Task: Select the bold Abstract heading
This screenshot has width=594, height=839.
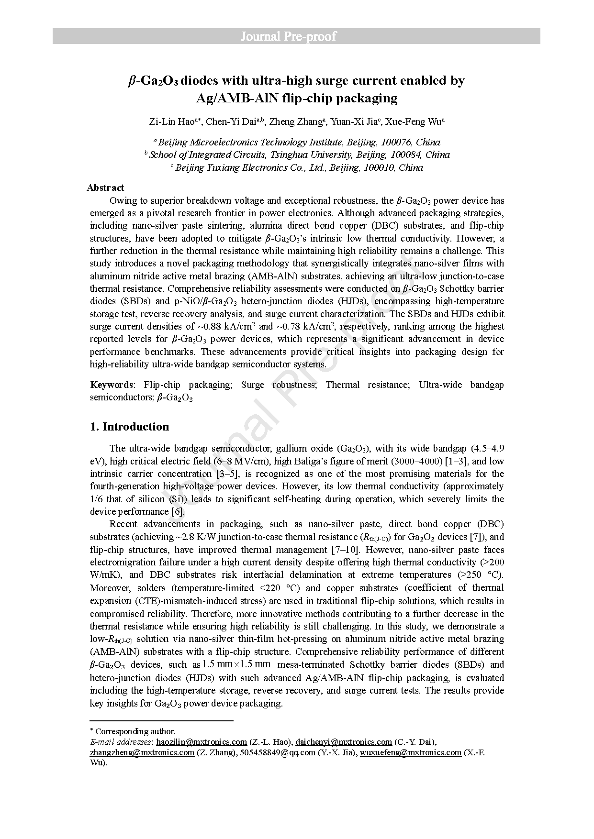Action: pyautogui.click(x=105, y=188)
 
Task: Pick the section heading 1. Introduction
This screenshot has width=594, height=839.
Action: pyautogui.click(x=130, y=427)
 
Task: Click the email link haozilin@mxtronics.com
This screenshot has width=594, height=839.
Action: pyautogui.click(x=202, y=742)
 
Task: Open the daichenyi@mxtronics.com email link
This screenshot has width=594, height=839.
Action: pyautogui.click(x=344, y=742)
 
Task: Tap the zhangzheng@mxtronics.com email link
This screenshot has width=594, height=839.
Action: pyautogui.click(x=142, y=752)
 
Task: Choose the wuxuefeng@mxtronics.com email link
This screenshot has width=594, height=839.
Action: pyautogui.click(x=411, y=752)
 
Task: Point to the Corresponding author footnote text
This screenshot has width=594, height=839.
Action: pyautogui.click(x=135, y=731)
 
